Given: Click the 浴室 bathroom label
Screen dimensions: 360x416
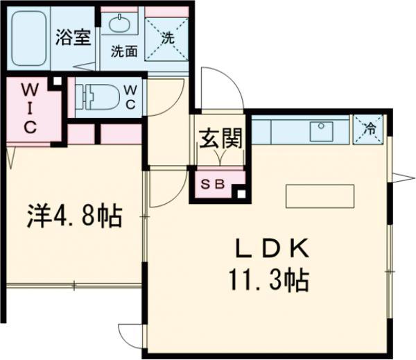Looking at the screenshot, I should coord(73,37).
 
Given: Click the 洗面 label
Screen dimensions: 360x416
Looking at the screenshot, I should coord(124,51).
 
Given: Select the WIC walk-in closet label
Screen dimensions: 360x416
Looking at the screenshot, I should coord(30,108).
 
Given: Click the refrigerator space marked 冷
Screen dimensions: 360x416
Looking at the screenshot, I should coord(369,128).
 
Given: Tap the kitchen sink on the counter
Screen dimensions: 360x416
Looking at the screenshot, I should coord(322,129).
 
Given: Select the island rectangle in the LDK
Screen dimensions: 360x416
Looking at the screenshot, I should coord(320,195).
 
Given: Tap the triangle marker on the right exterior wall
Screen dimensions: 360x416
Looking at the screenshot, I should coord(401,173).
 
